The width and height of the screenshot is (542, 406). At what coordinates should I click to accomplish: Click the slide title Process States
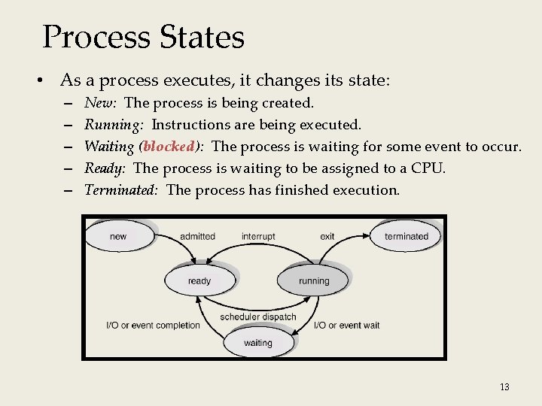[143, 37]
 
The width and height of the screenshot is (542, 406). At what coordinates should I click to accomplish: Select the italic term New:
[99, 102]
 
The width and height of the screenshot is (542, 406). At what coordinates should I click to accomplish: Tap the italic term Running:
[114, 124]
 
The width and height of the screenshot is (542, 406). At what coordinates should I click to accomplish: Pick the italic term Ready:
[104, 168]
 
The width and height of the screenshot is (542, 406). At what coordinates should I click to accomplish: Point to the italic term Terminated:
[120, 189]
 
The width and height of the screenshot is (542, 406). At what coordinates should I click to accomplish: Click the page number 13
[504, 387]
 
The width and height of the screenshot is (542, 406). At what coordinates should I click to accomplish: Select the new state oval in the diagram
[118, 236]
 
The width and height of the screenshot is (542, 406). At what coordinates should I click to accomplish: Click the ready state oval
[199, 280]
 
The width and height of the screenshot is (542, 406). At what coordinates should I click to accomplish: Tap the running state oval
[314, 280]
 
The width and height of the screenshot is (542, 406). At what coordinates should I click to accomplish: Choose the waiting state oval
[258, 343]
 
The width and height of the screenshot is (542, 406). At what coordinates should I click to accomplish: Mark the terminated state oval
[406, 236]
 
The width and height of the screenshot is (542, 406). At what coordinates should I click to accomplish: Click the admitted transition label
[197, 236]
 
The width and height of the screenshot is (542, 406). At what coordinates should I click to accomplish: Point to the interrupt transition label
[258, 236]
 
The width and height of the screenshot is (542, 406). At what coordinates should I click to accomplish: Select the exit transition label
[327, 236]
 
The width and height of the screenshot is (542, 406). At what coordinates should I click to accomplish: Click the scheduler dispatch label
[258, 317]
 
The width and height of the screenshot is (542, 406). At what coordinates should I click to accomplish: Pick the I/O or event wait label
[346, 326]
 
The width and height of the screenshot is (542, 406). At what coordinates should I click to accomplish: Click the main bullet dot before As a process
[46, 80]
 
